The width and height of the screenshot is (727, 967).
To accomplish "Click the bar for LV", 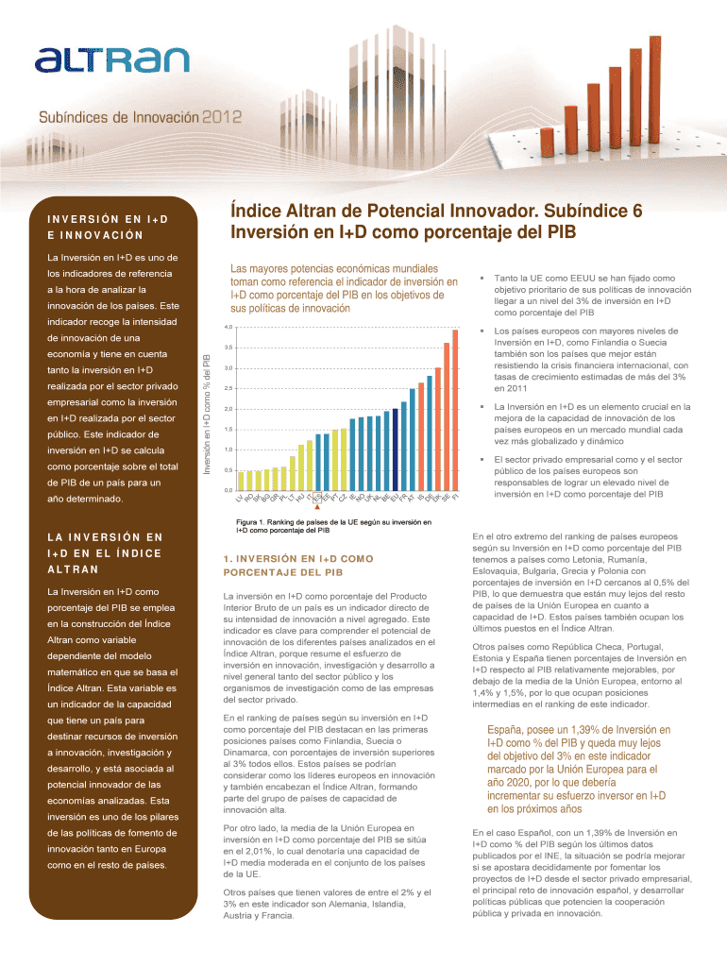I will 241,481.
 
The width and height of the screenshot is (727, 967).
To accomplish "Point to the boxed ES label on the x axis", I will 318,498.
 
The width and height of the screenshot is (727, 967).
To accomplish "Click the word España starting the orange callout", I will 508,730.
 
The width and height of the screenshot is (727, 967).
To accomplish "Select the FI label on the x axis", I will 456,497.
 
